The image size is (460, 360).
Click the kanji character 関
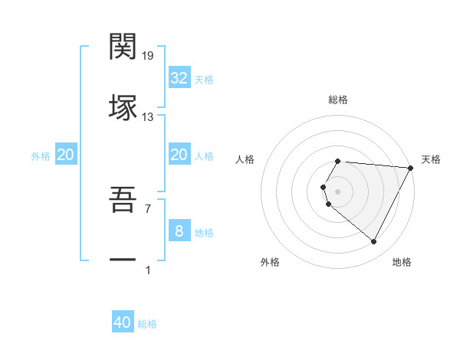coord(123,47)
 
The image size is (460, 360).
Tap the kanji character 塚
coord(123,107)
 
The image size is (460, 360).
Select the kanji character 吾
coord(123,200)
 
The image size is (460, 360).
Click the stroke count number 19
coord(148,56)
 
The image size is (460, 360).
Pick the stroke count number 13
coord(148,116)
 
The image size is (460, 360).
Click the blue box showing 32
coord(179,78)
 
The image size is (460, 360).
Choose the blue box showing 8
coord(179,231)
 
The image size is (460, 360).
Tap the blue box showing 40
coord(123,322)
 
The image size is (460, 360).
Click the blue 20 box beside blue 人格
coord(179,155)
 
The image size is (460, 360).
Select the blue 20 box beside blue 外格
coord(66,155)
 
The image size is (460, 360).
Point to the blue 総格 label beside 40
coord(147,324)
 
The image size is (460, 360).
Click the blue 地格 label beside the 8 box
coord(204,233)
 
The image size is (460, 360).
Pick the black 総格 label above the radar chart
coord(338,100)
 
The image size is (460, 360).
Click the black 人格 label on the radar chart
coord(245,159)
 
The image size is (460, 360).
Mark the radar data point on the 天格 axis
coord(411,168)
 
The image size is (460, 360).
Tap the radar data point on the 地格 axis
coord(373,242)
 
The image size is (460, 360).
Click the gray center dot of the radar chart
coord(338,191)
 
